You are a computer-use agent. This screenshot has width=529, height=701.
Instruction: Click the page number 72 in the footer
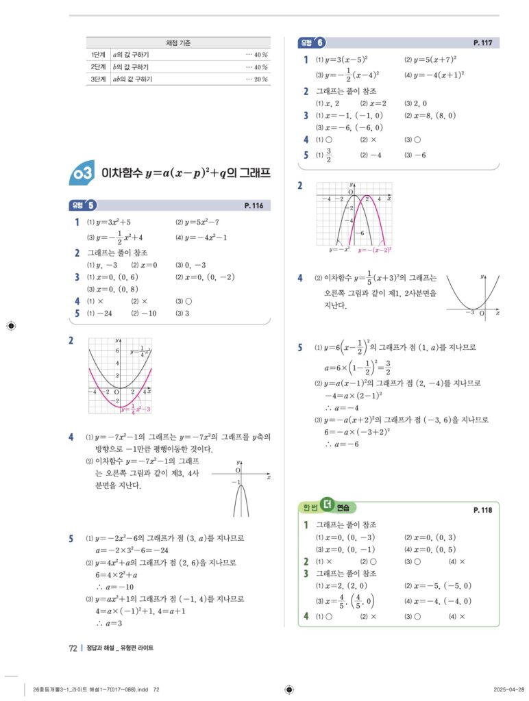click(73, 648)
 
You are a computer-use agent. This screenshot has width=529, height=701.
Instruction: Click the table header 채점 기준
click(178, 43)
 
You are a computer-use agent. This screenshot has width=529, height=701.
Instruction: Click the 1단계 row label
click(97, 55)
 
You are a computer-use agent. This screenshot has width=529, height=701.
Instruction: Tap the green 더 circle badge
click(327, 506)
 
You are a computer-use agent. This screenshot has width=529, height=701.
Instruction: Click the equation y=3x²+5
click(113, 222)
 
